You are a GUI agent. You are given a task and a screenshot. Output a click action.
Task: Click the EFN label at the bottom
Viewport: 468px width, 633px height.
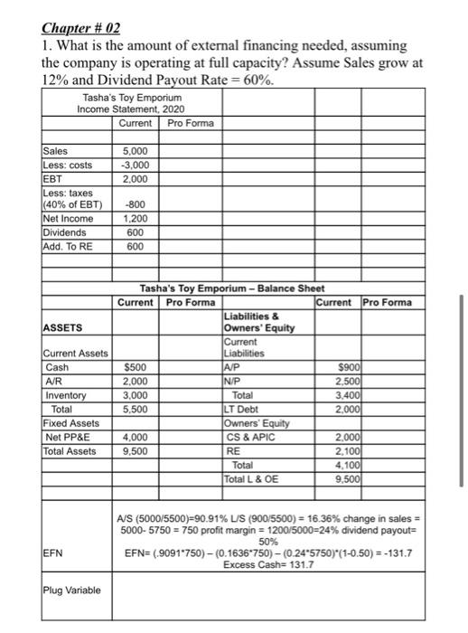52,549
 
